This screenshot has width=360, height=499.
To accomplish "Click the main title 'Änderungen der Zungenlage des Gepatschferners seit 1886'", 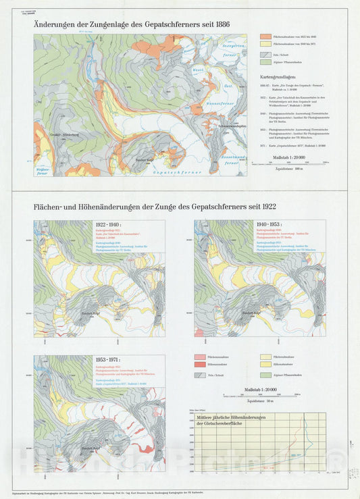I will coord(131,24).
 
